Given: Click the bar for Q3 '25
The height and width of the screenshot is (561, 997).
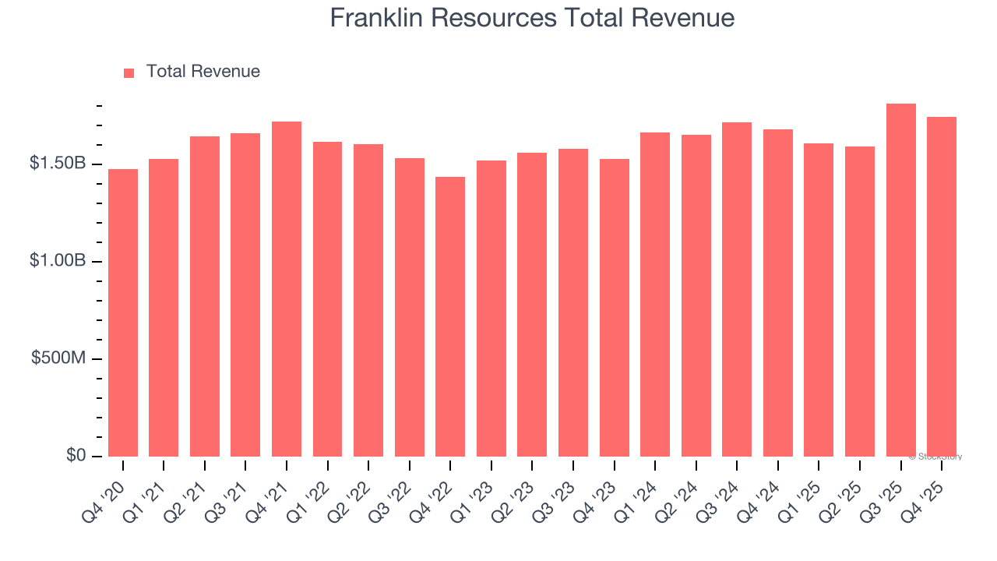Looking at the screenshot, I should click(x=901, y=280).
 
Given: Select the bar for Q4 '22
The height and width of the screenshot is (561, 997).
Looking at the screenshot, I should click(x=450, y=317).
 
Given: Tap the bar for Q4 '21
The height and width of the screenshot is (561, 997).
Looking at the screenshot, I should click(x=287, y=289).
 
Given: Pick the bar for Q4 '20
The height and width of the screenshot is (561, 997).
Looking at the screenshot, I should click(x=123, y=313).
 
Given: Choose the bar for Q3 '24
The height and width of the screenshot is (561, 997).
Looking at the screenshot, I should click(x=737, y=290).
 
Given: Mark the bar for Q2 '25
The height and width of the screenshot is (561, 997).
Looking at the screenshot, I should click(x=860, y=302).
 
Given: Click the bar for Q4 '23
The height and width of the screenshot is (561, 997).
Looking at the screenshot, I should click(x=615, y=308).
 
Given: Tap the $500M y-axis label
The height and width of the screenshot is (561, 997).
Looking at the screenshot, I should click(x=58, y=358).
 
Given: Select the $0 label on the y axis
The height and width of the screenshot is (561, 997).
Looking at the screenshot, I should click(x=76, y=456).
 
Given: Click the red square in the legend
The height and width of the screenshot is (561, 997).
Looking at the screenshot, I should click(x=129, y=72).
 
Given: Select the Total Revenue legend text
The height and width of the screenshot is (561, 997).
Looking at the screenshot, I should click(x=203, y=72).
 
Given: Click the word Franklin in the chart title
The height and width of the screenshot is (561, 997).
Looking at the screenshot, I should click(x=377, y=18).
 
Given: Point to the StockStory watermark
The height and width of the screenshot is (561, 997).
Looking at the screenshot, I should click(x=935, y=457).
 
